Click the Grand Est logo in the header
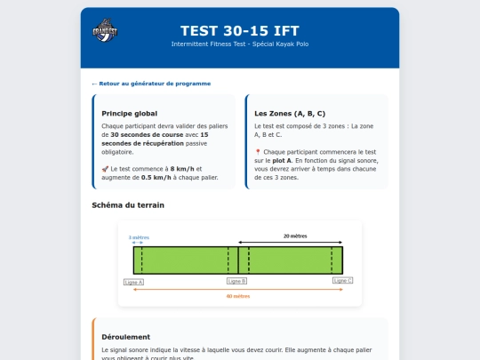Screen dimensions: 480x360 (105, 31)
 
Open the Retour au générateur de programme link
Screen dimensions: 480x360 (154, 84)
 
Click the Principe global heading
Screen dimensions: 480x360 (130, 114)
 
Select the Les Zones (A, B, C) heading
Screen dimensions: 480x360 (290, 114)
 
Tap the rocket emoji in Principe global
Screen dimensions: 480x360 (106, 168)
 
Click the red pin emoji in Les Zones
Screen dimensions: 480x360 (258, 152)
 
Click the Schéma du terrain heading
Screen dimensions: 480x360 (128, 205)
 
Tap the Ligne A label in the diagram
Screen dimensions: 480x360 (134, 281)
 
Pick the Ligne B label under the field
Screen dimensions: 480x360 (237, 281)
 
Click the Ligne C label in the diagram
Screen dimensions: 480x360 (343, 280)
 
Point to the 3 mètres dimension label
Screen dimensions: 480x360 (139, 237)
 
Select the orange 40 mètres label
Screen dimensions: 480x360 (238, 296)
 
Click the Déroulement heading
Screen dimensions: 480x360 (126, 338)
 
